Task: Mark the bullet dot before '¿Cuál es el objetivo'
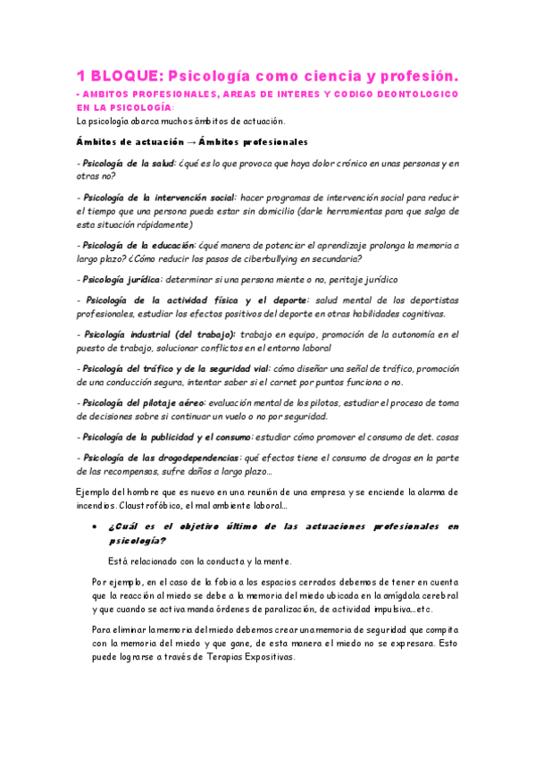click(96, 527)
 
